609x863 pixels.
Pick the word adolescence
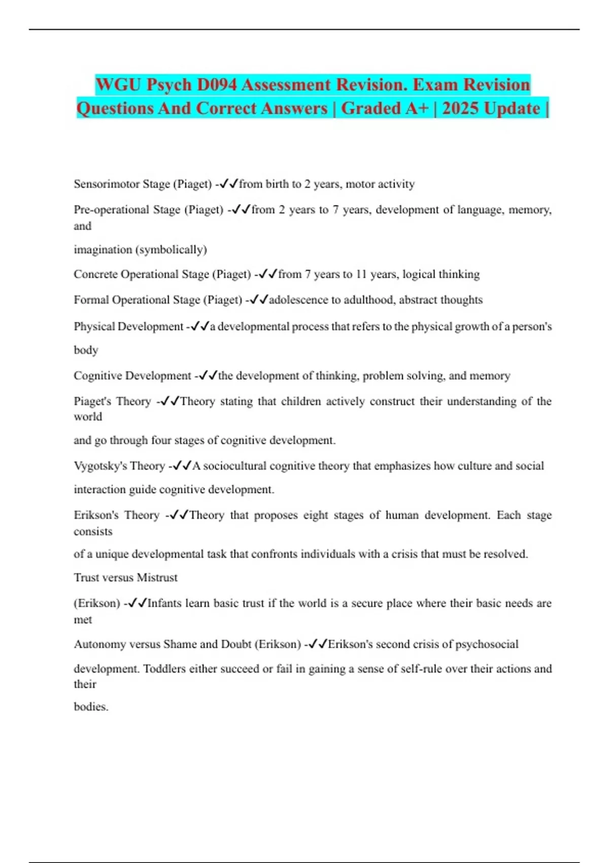[x=298, y=300]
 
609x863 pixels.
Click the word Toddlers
[x=164, y=669]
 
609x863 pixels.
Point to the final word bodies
[x=91, y=707]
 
